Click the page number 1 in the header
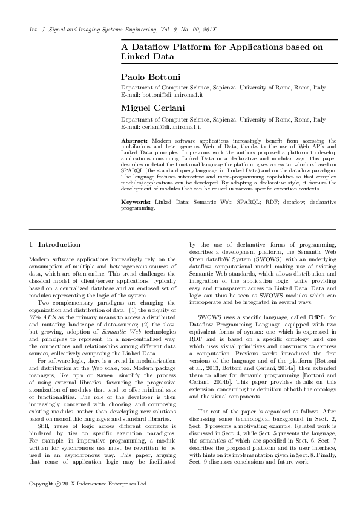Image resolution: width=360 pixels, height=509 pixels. pos(335,30)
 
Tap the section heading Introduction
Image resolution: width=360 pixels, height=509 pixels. pos(59,244)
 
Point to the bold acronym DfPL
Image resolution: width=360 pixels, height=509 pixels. pos(316,317)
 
